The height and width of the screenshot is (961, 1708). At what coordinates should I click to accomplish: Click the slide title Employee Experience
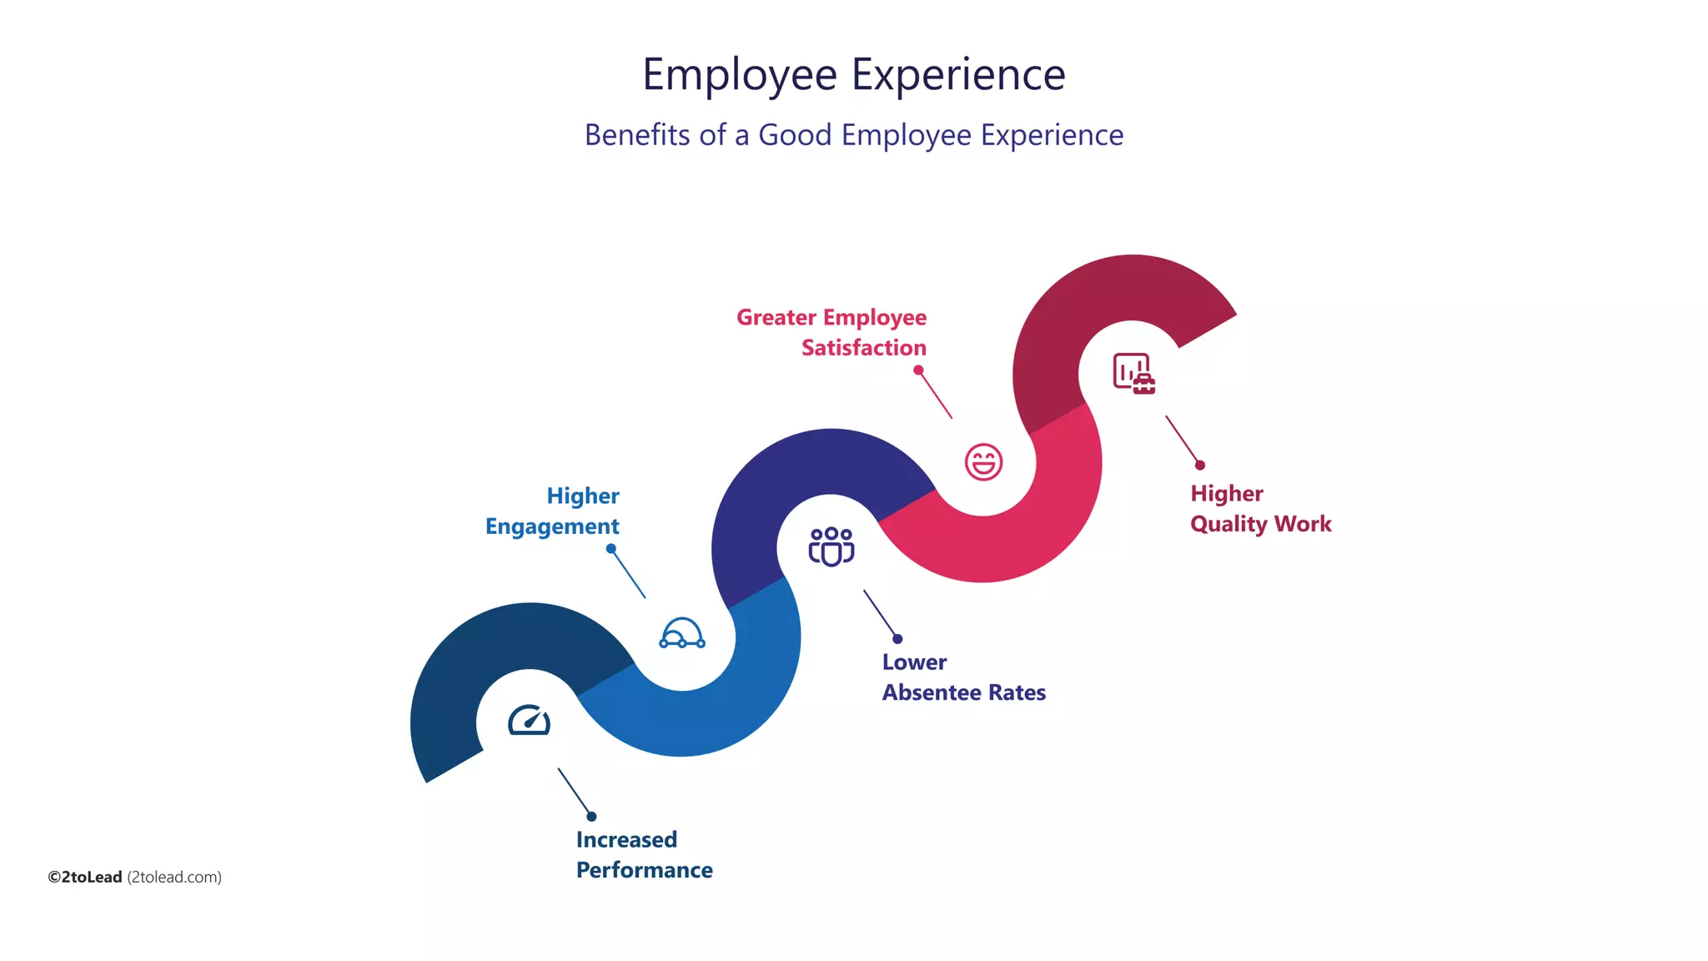pyautogui.click(x=853, y=74)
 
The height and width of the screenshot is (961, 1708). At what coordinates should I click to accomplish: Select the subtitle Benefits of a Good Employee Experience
pyautogui.click(x=853, y=135)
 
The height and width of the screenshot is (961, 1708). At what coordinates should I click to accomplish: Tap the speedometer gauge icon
pyautogui.click(x=529, y=720)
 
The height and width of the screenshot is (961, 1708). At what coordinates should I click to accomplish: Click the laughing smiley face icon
pyautogui.click(x=983, y=461)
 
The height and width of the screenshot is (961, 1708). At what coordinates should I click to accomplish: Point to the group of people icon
pyautogui.click(x=831, y=546)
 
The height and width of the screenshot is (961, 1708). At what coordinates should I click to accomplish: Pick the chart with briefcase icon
pyautogui.click(x=1133, y=373)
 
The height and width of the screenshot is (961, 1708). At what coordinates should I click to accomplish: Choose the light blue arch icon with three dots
pyautogui.click(x=682, y=633)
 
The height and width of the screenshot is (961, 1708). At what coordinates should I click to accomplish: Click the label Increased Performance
pyautogui.click(x=643, y=854)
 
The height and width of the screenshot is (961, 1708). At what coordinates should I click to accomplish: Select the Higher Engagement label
pyautogui.click(x=553, y=511)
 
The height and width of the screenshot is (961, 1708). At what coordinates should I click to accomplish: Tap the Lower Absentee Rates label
pyautogui.click(x=963, y=677)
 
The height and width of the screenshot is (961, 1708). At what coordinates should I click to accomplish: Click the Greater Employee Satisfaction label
pyautogui.click(x=831, y=332)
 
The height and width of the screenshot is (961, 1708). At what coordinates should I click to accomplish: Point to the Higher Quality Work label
pyautogui.click(x=1260, y=508)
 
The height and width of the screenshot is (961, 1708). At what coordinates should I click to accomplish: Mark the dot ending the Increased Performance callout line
pyautogui.click(x=591, y=817)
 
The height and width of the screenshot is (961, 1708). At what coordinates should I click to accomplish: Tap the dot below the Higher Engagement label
pyautogui.click(x=611, y=549)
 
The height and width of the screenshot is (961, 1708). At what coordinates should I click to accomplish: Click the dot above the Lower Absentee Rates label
pyautogui.click(x=897, y=639)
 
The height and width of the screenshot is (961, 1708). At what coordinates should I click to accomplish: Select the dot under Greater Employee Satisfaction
pyautogui.click(x=918, y=370)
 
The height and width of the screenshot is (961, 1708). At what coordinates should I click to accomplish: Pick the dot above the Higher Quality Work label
pyautogui.click(x=1200, y=465)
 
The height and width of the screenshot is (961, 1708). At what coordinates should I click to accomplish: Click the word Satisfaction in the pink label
pyautogui.click(x=864, y=348)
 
